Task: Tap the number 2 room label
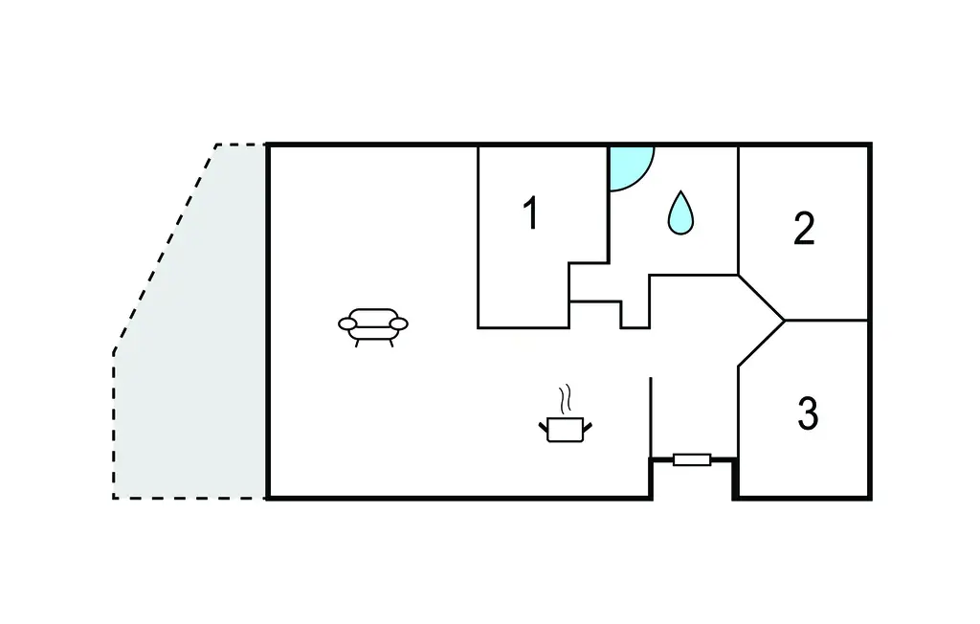point(804,229)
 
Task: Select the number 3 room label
point(808,413)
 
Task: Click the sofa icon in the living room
point(372,324)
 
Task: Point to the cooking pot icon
point(565,429)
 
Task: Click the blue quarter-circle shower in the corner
point(627,165)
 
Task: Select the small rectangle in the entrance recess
point(692,460)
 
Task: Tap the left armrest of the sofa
point(346,324)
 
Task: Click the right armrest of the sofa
point(398,323)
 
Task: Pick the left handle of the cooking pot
point(543,424)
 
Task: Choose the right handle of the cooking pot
point(587,424)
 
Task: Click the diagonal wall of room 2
point(762,298)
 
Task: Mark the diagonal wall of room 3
point(762,344)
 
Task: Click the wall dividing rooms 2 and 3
point(827,320)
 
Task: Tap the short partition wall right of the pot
point(651,416)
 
